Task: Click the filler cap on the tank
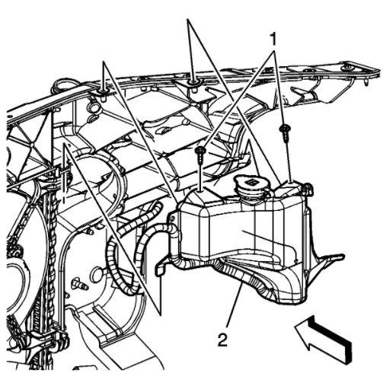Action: pos(248,185)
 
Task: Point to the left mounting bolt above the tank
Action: pos(199,155)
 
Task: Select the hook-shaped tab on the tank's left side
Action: pos(160,267)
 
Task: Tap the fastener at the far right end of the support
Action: pos(348,72)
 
